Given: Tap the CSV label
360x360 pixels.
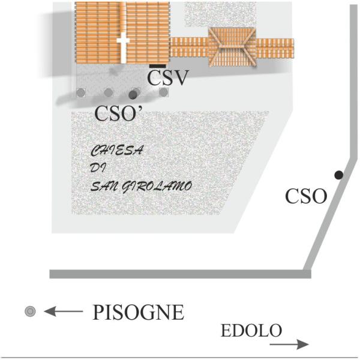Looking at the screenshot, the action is click(x=168, y=78).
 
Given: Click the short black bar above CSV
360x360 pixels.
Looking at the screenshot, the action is click(x=158, y=64).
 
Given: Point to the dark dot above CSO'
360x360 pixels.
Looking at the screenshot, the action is click(x=133, y=94).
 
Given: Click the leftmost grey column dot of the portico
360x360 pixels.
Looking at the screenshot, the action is click(x=81, y=92).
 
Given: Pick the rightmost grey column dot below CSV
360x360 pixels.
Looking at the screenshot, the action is click(x=163, y=92).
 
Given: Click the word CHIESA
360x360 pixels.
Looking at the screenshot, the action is click(x=116, y=151).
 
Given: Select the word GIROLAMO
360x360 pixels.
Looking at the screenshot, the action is click(x=158, y=187).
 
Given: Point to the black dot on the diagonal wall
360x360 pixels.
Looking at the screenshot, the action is click(x=338, y=175).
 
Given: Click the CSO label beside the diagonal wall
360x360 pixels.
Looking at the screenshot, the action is click(x=305, y=197).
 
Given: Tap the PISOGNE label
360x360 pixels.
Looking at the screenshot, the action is click(x=138, y=313).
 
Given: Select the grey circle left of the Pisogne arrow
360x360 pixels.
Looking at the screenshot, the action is click(x=30, y=311).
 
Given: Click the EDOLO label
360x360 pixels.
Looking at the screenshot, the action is click(x=251, y=331).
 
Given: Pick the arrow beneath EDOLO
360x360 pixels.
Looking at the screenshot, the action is click(x=289, y=344).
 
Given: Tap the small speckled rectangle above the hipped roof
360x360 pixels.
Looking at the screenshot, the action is click(x=208, y=13).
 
